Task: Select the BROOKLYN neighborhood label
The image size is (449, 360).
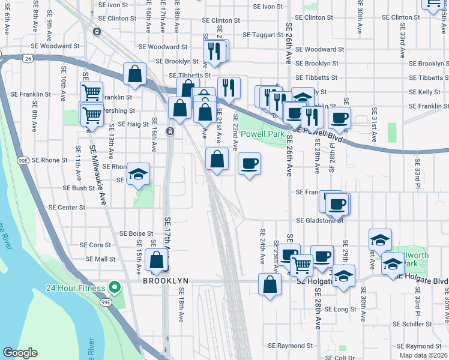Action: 166,280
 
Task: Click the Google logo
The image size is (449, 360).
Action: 19,353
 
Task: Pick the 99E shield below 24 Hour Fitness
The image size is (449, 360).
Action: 106,302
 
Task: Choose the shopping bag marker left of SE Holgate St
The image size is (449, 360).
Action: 270,284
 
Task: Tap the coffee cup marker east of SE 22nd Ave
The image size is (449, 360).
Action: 250,163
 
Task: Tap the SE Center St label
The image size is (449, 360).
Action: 67,208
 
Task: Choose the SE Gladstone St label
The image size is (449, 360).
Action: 319,220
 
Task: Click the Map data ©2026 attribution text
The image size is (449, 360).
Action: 422,355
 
